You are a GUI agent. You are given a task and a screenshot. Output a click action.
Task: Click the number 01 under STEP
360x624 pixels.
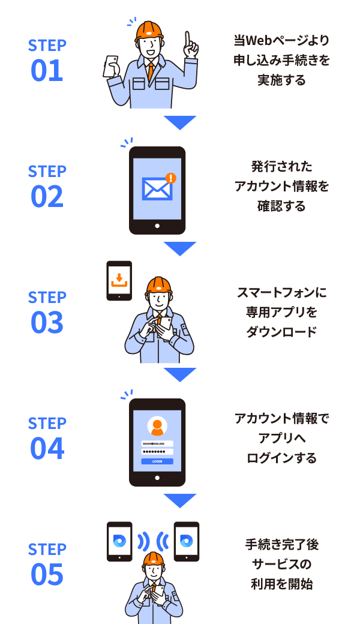click(x=47, y=71)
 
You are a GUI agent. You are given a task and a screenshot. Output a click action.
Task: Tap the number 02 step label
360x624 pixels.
click(x=47, y=197)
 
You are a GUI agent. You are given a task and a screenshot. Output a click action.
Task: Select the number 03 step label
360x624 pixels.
click(x=47, y=323)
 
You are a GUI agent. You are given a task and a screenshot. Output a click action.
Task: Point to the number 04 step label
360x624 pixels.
click(x=47, y=449)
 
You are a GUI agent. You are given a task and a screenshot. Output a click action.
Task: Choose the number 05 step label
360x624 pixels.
click(x=47, y=575)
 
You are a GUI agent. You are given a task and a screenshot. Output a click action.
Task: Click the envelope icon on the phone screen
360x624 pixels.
click(x=157, y=190)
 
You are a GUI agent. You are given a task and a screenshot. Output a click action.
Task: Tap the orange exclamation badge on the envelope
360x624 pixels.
click(x=171, y=178)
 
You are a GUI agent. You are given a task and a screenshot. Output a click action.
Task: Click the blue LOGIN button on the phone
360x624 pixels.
click(x=157, y=461)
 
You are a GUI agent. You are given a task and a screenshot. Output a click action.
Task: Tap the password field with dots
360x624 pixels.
click(x=157, y=452)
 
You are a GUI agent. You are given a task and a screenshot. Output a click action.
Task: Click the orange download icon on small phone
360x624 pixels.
click(x=119, y=279)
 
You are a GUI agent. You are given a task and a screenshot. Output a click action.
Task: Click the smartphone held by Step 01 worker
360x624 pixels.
click(x=111, y=65)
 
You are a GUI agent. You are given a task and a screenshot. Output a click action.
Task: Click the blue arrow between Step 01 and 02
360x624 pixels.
click(x=179, y=122)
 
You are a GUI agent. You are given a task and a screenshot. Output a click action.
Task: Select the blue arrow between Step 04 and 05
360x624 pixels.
click(x=179, y=500)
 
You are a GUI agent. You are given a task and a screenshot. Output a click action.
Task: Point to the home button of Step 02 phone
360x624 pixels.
click(x=157, y=226)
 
